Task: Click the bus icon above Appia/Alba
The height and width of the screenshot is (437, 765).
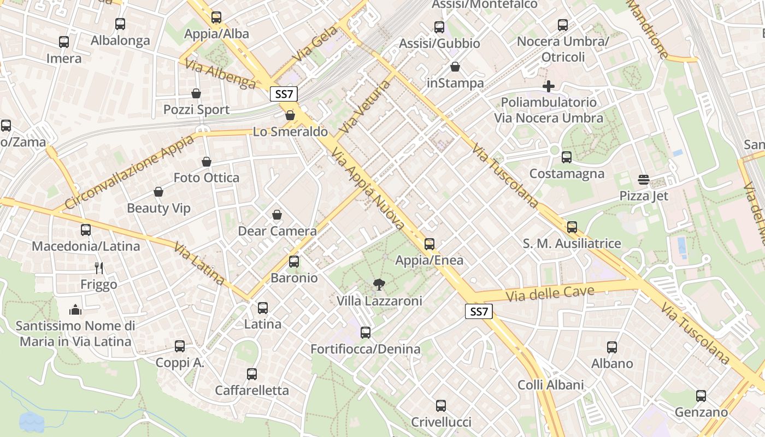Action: pyautogui.click(x=216, y=17)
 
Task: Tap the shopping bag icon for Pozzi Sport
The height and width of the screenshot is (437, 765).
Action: pyautogui.click(x=196, y=93)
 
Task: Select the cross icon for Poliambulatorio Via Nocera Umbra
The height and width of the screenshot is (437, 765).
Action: pyautogui.click(x=549, y=86)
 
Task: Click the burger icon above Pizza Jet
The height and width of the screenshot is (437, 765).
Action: pyautogui.click(x=643, y=180)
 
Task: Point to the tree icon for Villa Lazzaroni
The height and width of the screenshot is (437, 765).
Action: pyautogui.click(x=378, y=284)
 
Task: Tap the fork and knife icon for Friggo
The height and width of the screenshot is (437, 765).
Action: pyautogui.click(x=99, y=268)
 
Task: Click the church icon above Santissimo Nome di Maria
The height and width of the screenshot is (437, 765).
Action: pyautogui.click(x=75, y=310)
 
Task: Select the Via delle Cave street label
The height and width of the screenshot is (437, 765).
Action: pyautogui.click(x=550, y=294)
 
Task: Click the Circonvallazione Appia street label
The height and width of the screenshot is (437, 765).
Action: pyautogui.click(x=129, y=172)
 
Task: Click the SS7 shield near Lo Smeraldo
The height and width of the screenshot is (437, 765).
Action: pyautogui.click(x=284, y=94)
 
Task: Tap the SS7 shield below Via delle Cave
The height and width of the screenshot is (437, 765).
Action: pyautogui.click(x=479, y=312)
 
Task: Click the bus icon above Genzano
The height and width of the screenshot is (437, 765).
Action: pyautogui.click(x=701, y=396)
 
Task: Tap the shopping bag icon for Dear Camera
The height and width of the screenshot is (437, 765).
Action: pyautogui.click(x=277, y=215)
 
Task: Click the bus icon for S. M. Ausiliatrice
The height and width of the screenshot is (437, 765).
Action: pyautogui.click(x=572, y=227)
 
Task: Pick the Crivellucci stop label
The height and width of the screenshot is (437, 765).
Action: pyautogui.click(x=441, y=422)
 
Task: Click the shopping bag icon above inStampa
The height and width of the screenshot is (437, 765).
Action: pyautogui.click(x=455, y=67)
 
